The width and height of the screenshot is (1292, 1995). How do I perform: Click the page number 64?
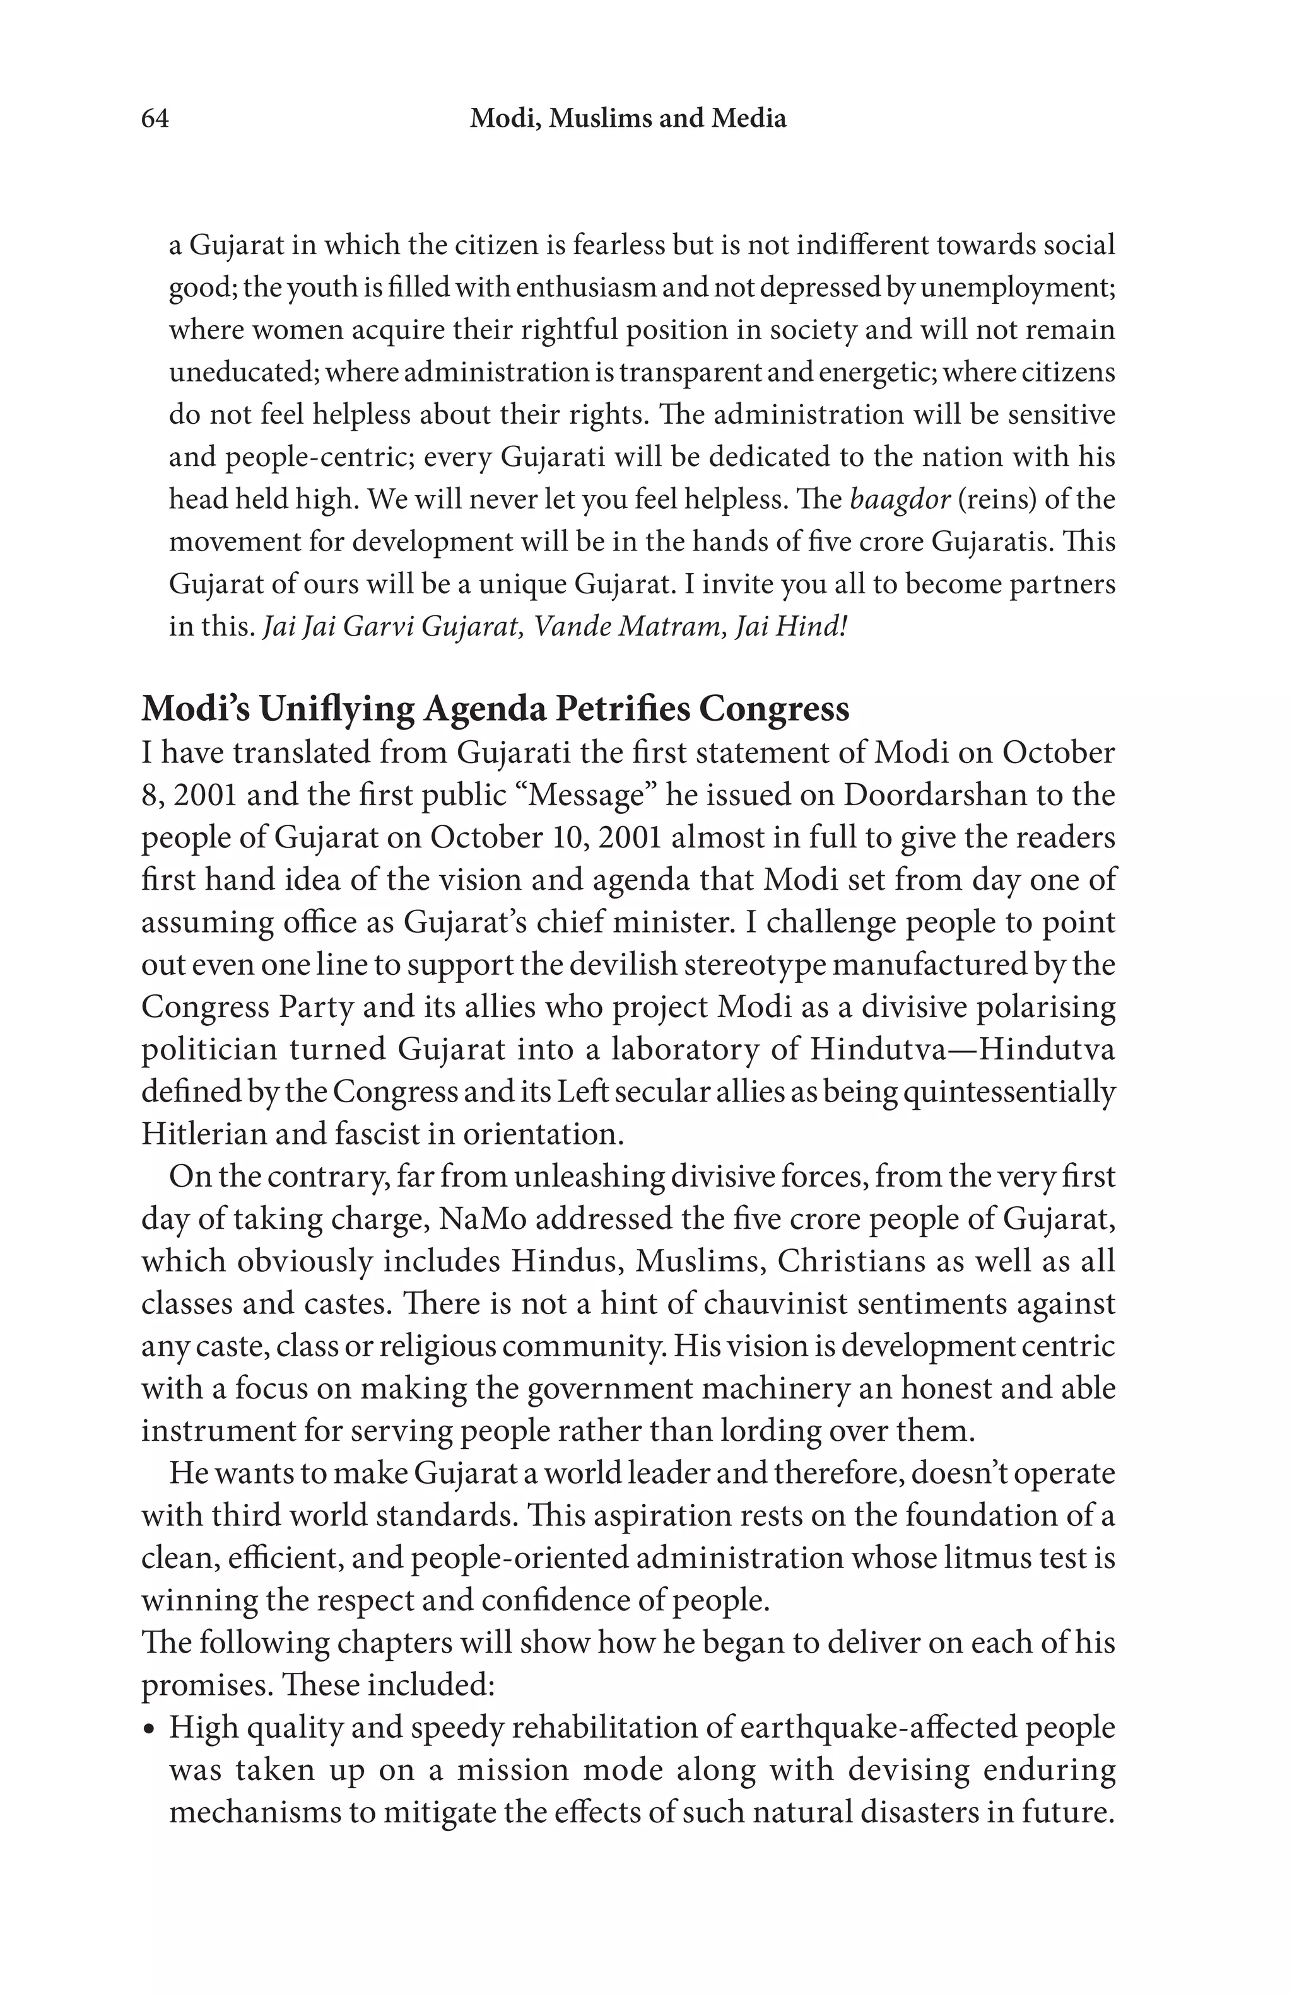(x=155, y=119)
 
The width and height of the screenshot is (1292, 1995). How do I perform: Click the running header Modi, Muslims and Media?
(x=628, y=119)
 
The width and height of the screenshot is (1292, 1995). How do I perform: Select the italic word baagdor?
(x=900, y=499)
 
